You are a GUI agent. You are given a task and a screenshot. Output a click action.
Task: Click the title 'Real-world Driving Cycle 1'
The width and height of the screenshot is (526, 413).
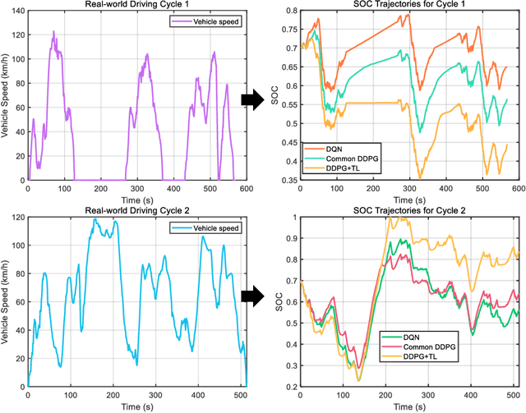tap(136, 6)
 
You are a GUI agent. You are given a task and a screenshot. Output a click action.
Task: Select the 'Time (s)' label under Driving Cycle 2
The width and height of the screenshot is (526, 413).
tap(136, 406)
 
